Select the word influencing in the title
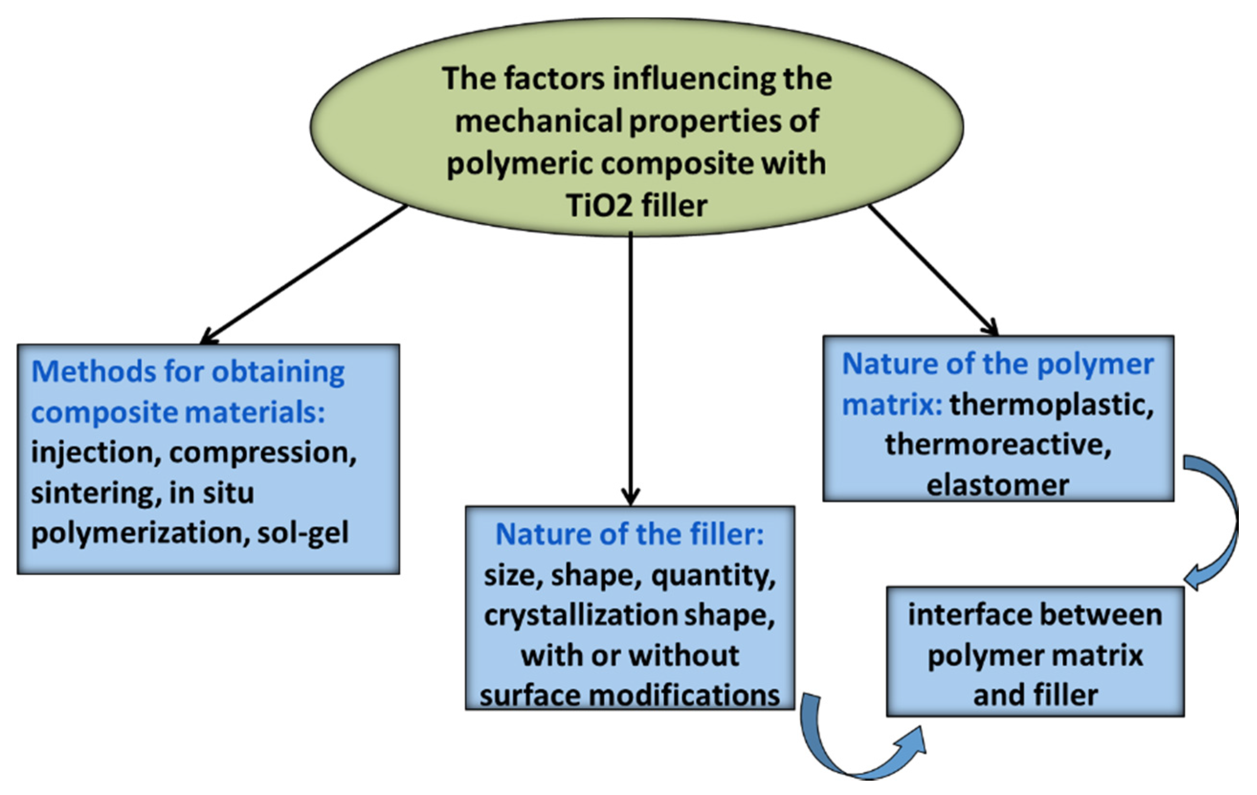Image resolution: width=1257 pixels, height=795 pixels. click(x=695, y=79)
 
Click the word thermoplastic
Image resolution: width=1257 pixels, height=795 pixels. click(x=1050, y=405)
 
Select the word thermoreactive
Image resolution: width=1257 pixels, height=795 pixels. click(x=998, y=446)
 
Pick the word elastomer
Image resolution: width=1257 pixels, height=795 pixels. click(x=998, y=485)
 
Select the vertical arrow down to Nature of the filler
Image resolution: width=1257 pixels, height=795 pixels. click(x=631, y=365)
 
